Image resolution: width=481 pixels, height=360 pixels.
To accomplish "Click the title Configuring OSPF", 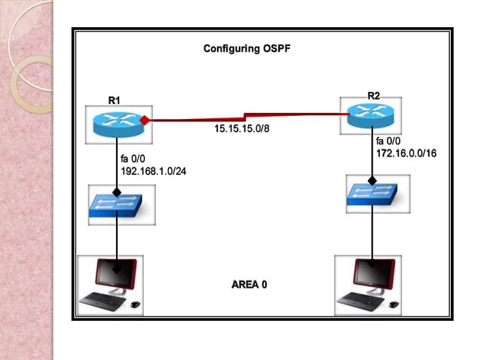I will (x=247, y=49).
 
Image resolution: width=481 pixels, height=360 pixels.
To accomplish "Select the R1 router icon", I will (x=117, y=122).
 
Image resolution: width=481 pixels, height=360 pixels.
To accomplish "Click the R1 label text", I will (x=114, y=100).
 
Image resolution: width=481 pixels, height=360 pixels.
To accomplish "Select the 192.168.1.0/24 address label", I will (x=153, y=171).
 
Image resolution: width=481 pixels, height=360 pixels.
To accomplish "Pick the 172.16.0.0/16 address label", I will (x=406, y=153).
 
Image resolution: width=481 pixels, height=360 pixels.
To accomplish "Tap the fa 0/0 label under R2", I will (x=390, y=141).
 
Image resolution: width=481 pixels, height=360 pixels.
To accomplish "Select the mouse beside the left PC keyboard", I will (x=136, y=305).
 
